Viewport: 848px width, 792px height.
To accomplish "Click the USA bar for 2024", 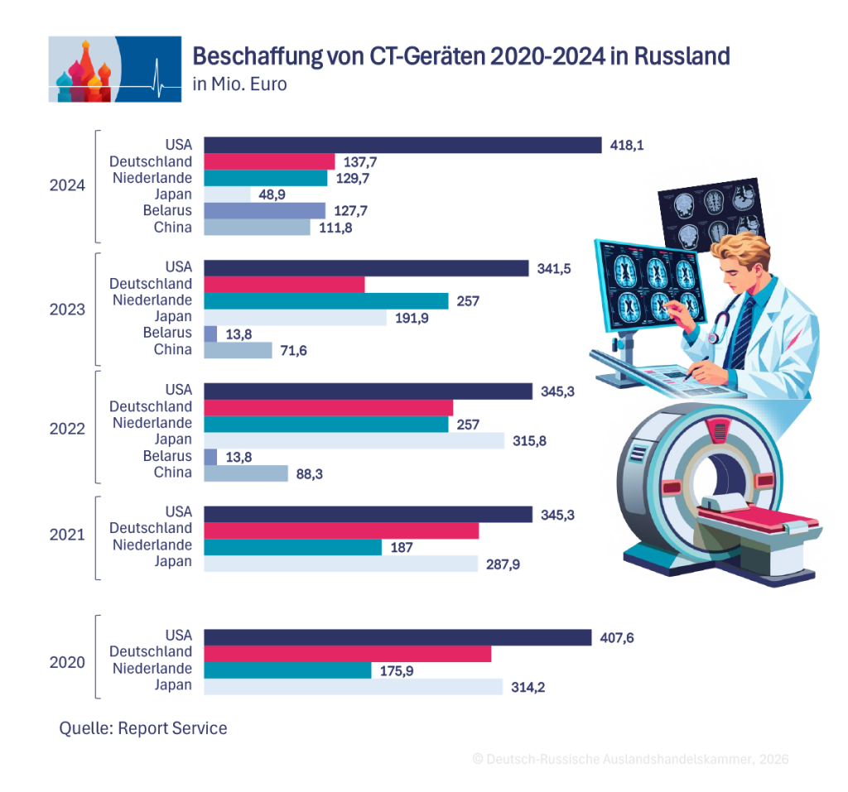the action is (402, 145).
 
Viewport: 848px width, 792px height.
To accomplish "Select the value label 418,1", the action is (627, 145).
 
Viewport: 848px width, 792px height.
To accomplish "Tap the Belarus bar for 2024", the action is (264, 210).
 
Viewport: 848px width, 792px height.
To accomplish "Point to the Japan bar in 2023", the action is (296, 317).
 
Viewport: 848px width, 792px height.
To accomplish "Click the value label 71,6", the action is (294, 350).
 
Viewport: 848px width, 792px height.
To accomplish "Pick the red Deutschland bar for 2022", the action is (328, 408).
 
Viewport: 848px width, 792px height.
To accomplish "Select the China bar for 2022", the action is (245, 473).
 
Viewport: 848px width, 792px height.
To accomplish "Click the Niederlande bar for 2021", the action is (292, 547).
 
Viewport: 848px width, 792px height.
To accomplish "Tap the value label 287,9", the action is (503, 564).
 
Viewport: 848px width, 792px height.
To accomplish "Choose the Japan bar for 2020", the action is (353, 687).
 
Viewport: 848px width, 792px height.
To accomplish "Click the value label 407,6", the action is (616, 638).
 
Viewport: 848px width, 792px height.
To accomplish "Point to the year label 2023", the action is (67, 310).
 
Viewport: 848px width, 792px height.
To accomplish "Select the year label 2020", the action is (67, 662).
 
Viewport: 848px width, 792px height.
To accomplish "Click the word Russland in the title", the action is (682, 55).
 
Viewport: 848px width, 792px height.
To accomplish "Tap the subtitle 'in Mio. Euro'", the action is (239, 84).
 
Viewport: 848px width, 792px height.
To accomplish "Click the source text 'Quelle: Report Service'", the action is (143, 728).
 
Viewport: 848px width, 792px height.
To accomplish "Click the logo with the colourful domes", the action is (114, 70).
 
